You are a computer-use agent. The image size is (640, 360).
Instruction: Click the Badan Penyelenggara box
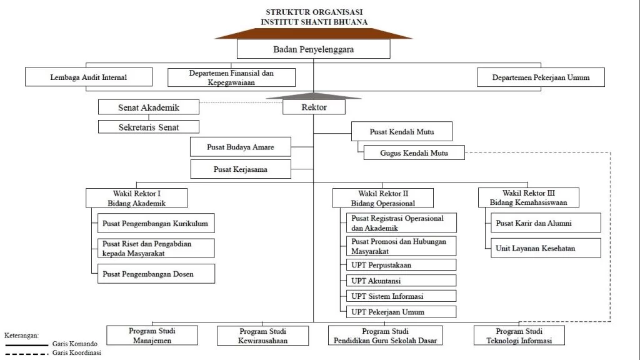coord(313,49)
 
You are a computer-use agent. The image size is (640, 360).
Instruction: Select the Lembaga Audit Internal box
coord(89,77)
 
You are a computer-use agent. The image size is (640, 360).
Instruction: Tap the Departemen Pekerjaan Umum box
coord(541,77)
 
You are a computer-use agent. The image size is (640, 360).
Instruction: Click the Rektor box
coord(314,107)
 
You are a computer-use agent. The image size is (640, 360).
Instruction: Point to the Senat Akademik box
coord(148,107)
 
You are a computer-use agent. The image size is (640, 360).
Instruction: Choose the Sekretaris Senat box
coord(148,127)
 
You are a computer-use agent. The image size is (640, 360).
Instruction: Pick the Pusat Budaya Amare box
coord(241,147)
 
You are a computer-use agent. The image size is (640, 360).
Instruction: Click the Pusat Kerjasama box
coord(241,169)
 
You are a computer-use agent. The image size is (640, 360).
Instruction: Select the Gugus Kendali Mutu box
coord(414,152)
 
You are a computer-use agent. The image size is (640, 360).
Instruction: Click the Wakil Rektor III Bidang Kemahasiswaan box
coord(529,197)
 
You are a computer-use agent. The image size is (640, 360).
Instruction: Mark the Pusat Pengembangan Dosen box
coord(156,274)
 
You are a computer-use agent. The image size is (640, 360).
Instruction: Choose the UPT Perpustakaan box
coord(401,265)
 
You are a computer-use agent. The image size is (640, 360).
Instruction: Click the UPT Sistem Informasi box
coord(401,296)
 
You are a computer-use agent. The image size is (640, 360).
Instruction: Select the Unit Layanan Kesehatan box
coord(544,248)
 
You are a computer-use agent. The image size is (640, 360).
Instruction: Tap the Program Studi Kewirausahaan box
coord(263,336)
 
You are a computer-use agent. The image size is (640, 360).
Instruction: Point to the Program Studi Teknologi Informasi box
coord(519,336)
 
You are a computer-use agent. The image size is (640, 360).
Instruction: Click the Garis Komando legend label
coord(74,344)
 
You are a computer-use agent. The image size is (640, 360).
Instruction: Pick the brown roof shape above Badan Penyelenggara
coord(313,33)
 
